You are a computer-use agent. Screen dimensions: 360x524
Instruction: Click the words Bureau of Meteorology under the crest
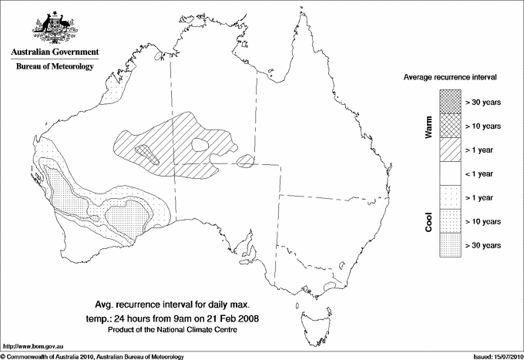click(55, 67)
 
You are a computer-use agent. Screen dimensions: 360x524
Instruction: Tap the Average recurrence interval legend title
click(449, 78)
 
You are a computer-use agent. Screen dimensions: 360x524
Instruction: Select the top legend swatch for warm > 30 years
click(449, 101)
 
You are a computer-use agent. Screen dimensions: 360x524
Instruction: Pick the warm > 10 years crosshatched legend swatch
click(449, 125)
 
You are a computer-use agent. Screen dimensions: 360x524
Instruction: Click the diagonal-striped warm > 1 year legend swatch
click(449, 149)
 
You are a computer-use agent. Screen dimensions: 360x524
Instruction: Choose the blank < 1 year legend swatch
click(449, 173)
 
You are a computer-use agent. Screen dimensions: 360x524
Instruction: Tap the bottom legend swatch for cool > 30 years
click(449, 244)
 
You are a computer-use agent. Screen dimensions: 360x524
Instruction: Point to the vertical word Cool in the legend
click(429, 221)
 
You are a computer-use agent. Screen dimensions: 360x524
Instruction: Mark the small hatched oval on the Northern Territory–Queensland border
click(245, 160)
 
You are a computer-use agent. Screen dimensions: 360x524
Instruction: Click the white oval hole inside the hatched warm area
click(202, 143)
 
